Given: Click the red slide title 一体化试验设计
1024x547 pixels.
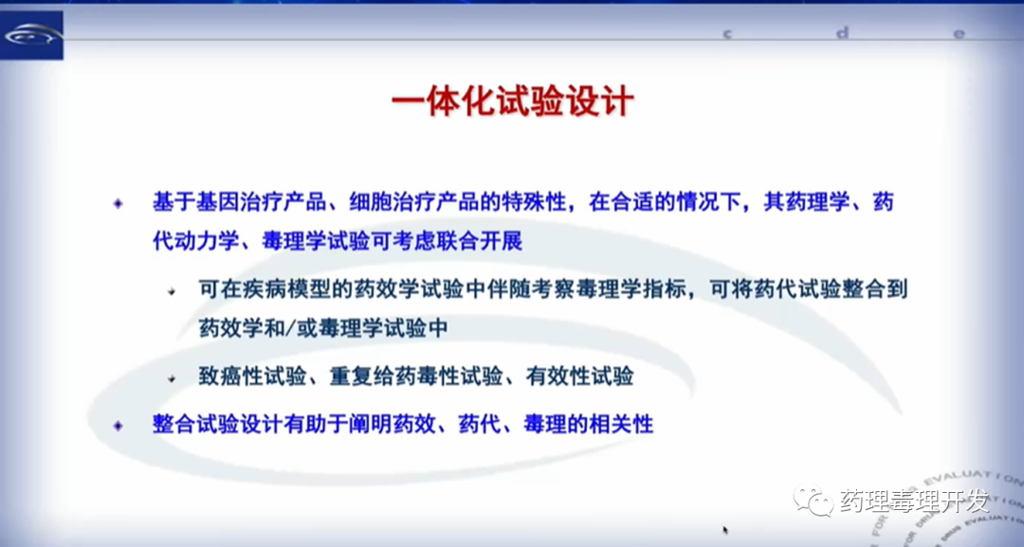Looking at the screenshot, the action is (x=513, y=103).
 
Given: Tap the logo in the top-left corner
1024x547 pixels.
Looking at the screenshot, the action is (x=31, y=35).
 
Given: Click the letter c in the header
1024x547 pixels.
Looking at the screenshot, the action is (x=727, y=32).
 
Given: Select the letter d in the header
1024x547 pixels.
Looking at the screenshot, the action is (x=843, y=31).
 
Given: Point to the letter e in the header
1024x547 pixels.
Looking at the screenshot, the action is (x=959, y=33).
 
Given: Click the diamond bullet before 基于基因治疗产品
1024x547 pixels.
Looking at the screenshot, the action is (x=119, y=204).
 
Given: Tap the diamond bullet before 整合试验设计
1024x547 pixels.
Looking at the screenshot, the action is (x=119, y=426).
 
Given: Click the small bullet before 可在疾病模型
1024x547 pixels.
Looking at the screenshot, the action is (x=172, y=291).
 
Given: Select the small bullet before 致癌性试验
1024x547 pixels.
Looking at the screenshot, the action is (x=172, y=378).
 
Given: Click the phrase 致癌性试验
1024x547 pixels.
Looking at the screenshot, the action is (x=253, y=376).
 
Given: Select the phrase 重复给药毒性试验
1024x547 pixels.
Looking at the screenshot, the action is (x=416, y=376).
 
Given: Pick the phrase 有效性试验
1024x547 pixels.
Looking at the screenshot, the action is (x=580, y=376).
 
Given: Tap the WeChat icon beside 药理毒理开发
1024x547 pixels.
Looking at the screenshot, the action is (x=814, y=501).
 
